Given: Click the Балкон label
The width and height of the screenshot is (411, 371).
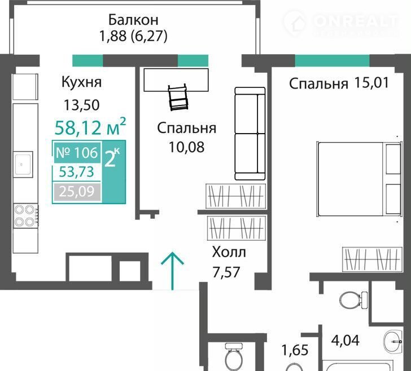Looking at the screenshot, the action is tap(133, 20).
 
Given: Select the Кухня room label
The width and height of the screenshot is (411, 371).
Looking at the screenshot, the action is tap(81, 82).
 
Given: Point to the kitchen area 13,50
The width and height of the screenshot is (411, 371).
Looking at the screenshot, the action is tap(82, 105).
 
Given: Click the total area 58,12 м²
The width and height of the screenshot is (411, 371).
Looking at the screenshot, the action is tap(90, 126).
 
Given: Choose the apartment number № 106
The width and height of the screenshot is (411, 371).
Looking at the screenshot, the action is tap(77, 152).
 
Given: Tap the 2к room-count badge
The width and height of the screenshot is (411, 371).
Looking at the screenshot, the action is tap(112, 158).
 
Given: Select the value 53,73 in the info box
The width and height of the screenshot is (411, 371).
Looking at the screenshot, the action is tap(76, 172).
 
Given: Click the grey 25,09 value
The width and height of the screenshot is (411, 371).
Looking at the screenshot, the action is tap(77, 192).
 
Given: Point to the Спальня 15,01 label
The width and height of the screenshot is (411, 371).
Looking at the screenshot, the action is tap(339, 83).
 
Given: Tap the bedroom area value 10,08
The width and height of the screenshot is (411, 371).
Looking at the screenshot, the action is tap(186, 147).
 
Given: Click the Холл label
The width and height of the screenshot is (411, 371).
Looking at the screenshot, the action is tap(229, 252).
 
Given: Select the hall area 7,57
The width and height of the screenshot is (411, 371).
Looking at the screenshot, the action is tap(226, 272).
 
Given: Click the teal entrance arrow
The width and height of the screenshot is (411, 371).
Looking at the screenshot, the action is tap(172, 271).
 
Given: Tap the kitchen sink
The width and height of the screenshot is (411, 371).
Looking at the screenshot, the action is tap(23, 165).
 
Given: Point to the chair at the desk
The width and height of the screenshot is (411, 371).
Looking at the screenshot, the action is tap(178, 97).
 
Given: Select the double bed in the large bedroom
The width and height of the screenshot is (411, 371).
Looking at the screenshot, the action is tap(359, 179).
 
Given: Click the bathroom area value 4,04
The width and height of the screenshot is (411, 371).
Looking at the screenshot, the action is tap(345, 341).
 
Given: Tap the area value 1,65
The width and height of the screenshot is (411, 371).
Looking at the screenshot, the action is tap(295, 350).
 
